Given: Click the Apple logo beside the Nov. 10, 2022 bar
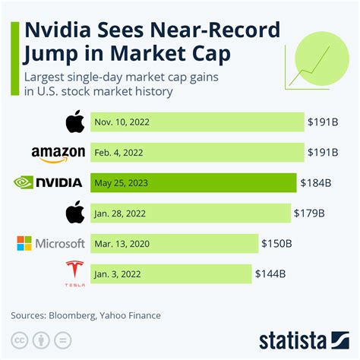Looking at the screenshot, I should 74,121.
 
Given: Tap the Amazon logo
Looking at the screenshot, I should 58,153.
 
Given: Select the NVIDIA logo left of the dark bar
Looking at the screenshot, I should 49,182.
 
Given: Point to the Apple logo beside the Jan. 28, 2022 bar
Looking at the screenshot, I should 74,212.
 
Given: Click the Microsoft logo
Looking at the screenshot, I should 51,243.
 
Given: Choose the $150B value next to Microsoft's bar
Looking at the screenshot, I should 278,243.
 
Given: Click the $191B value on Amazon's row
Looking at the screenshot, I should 323,152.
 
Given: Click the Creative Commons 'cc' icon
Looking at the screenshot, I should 18,339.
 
